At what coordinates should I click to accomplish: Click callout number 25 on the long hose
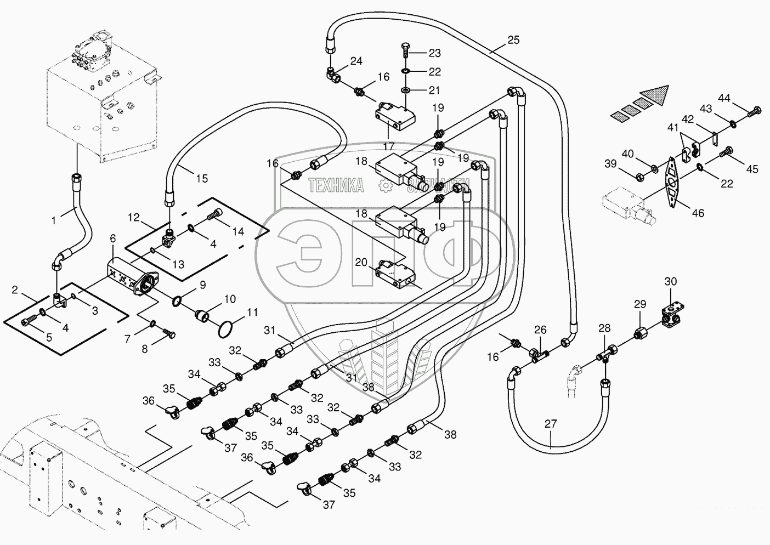513,40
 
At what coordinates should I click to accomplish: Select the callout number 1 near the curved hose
54,220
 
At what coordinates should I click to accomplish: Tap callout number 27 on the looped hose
551,423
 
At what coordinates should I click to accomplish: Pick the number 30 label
671,281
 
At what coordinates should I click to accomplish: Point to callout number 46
698,213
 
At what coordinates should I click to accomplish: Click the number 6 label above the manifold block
112,239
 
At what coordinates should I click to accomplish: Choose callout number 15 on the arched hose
202,178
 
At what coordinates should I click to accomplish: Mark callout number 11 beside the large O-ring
252,313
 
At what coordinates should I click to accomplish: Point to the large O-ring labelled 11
224,330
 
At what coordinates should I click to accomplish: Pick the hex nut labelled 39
639,177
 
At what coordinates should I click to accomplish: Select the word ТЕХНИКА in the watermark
336,185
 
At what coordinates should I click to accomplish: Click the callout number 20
361,263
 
